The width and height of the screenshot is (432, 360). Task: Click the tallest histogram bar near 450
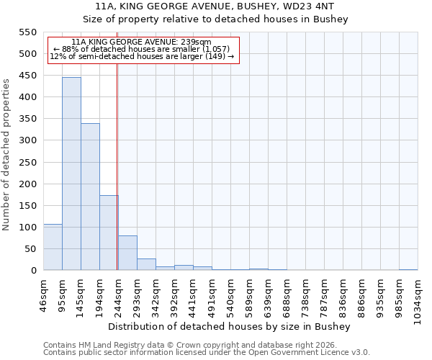[71, 174]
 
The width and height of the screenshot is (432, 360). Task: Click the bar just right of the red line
[127, 253]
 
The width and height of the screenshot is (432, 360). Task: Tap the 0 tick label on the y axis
[33, 271]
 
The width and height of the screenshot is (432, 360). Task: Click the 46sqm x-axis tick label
[44, 296]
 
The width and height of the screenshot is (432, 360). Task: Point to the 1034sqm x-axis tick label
[418, 300]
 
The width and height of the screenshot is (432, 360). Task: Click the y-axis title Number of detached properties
[7, 155]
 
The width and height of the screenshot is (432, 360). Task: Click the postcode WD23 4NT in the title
[314, 6]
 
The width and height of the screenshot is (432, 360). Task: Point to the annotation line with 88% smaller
[142, 49]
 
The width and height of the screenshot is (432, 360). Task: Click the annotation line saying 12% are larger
[142, 56]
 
